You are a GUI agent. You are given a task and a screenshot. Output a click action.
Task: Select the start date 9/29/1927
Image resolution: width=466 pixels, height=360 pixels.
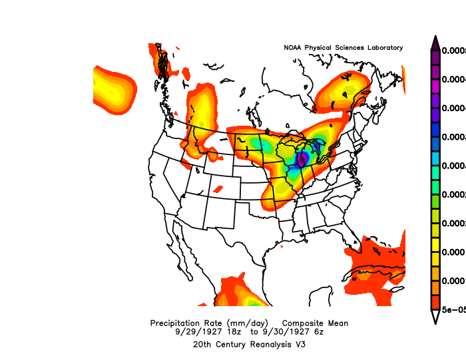click(x=198, y=331)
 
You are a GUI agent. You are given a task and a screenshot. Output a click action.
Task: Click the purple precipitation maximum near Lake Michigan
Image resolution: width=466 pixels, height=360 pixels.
click(x=301, y=159)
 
